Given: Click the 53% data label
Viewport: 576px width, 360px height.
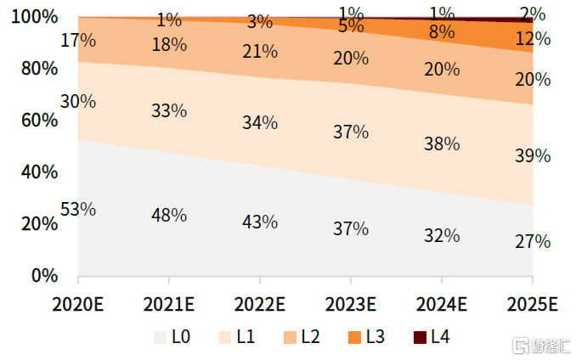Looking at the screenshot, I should click(x=78, y=209).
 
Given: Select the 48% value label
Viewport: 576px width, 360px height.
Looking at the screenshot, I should click(x=169, y=215).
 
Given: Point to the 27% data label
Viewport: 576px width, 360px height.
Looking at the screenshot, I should click(x=533, y=241).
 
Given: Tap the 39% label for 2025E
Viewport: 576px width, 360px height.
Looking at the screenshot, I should click(x=533, y=155).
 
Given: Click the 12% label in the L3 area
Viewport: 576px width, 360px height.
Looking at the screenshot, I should click(x=533, y=39).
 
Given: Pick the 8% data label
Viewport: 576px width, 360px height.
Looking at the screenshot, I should click(x=442, y=33).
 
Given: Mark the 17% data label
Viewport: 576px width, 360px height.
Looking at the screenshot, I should click(x=78, y=40).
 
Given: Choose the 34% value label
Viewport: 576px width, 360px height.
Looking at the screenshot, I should click(x=260, y=122).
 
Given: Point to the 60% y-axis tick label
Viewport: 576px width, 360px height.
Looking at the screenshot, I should click(x=37, y=120).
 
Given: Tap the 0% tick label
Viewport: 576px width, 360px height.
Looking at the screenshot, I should click(x=42, y=275).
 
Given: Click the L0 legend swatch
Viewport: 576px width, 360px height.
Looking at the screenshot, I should click(x=160, y=337).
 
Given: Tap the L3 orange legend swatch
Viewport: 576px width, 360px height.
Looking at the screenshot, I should click(x=354, y=337).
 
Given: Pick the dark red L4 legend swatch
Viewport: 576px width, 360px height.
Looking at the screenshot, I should click(x=420, y=337).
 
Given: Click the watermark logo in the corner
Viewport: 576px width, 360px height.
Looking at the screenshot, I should click(x=518, y=346).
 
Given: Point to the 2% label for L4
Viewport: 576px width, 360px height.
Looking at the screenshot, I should click(x=533, y=14).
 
